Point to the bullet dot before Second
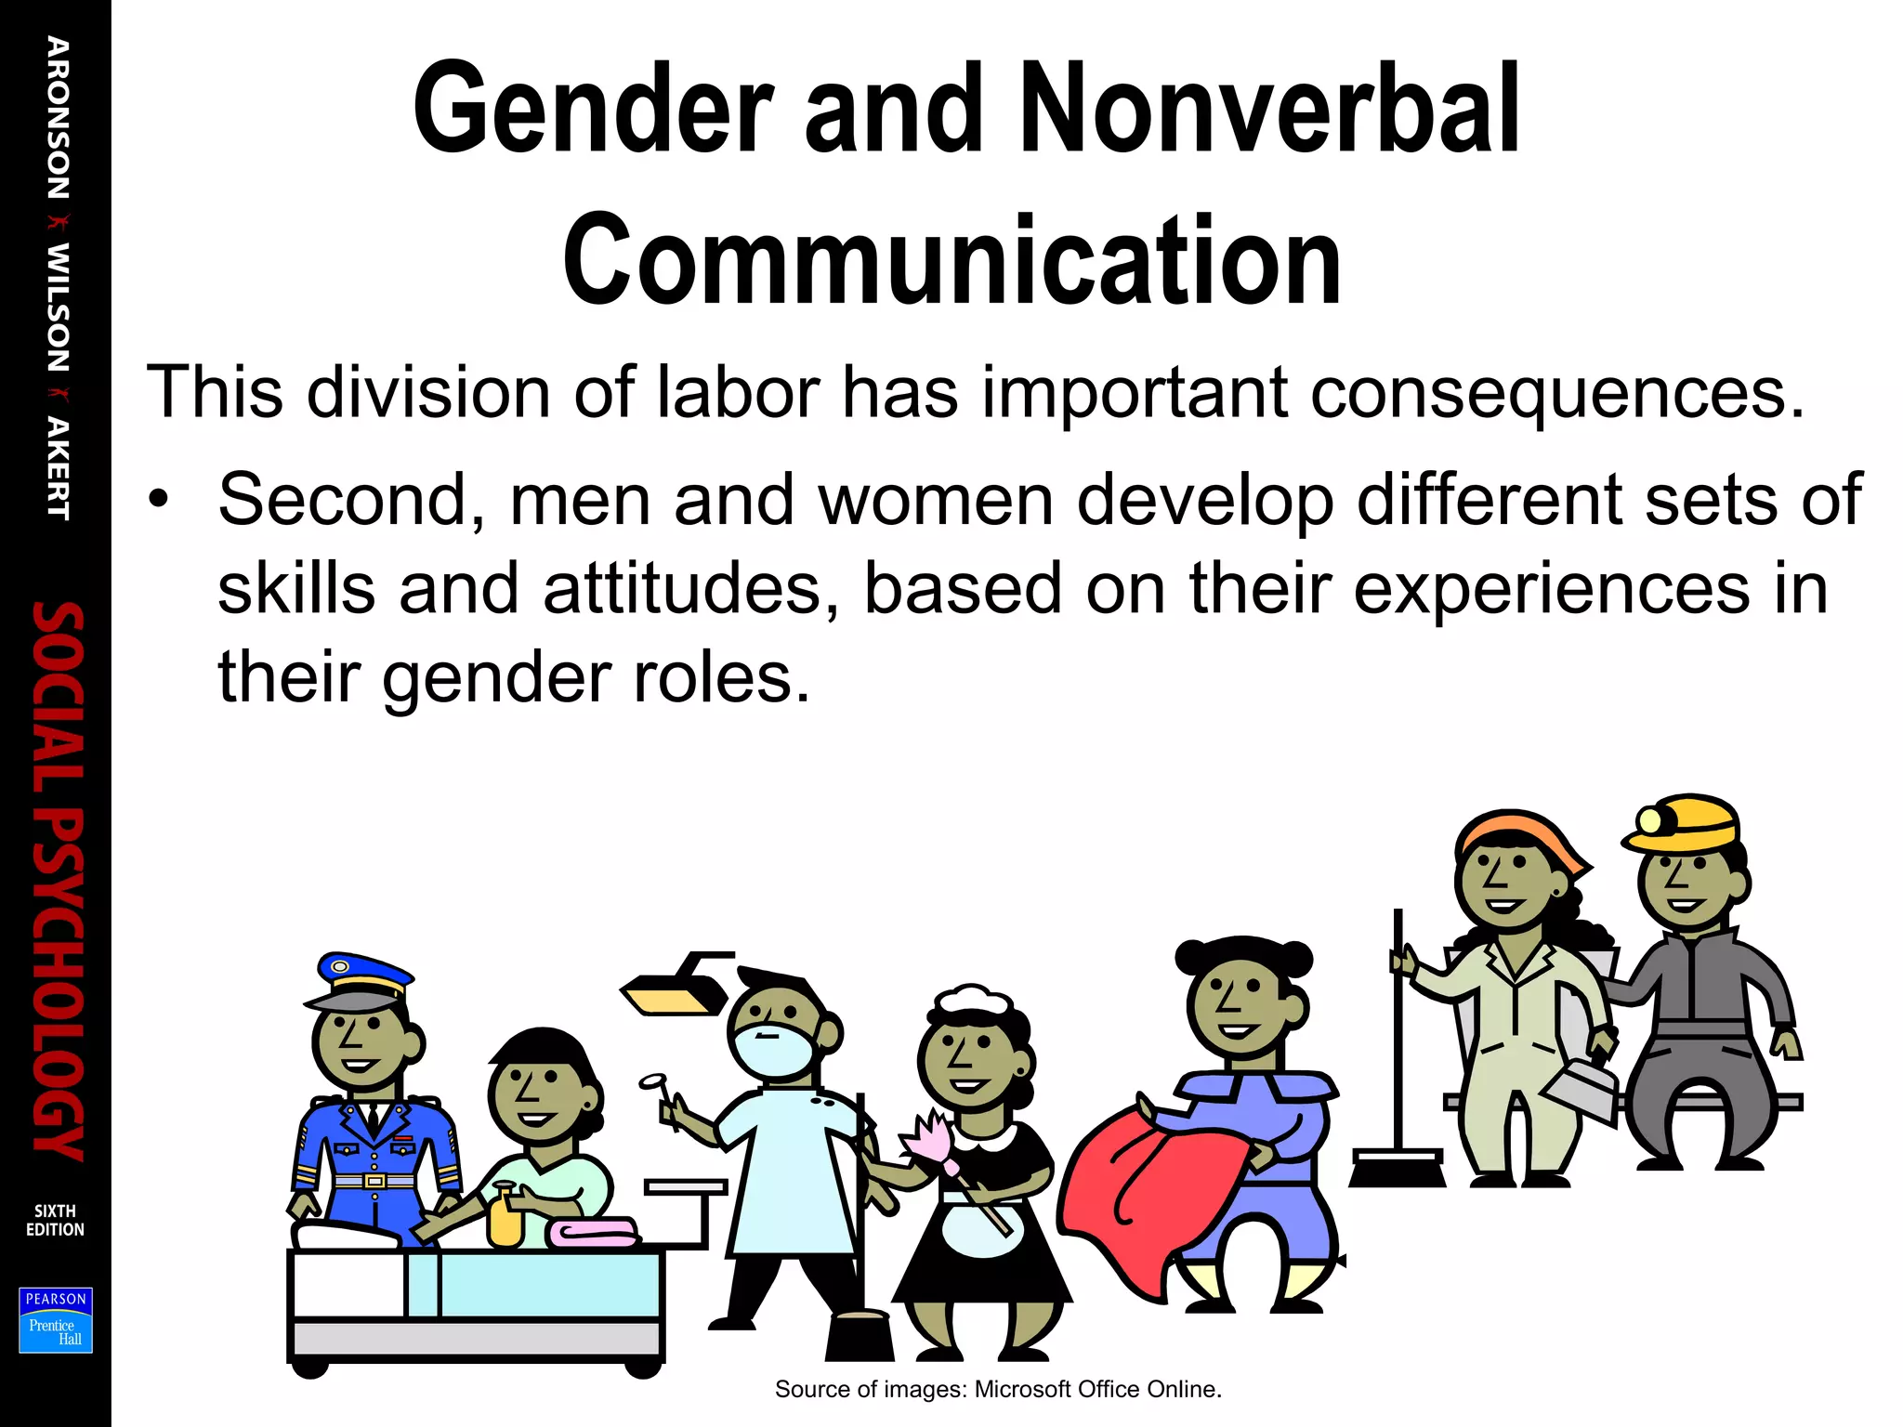point(160,499)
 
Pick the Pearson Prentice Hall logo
point(56,1320)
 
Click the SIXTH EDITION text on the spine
point(55,1220)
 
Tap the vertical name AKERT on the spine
point(59,468)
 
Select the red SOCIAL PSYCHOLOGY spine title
point(58,881)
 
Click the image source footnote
point(998,1389)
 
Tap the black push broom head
point(1397,1170)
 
